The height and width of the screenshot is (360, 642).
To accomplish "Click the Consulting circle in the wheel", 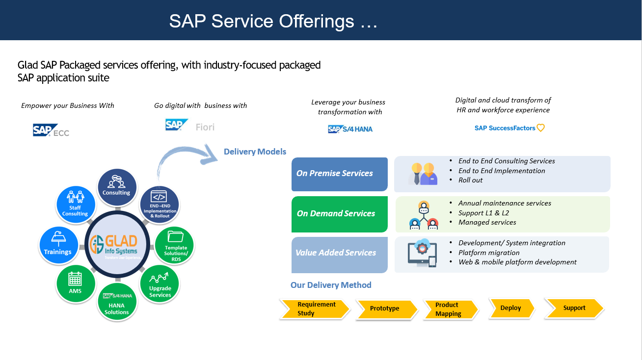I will click(116, 185).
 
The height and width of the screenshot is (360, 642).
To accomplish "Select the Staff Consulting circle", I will click(75, 203).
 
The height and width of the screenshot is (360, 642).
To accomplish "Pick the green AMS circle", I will click(75, 284).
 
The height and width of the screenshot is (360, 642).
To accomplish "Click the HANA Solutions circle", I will click(117, 302).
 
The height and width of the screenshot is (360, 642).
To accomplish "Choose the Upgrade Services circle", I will click(160, 285).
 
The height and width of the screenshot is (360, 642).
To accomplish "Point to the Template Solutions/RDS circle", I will click(175, 245).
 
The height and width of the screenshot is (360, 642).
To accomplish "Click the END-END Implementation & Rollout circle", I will click(160, 204).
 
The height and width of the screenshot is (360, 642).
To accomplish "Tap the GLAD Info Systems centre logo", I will click(117, 244).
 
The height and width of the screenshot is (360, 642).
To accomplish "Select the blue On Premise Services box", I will click(340, 174).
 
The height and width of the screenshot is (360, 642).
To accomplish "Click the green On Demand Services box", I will click(340, 214).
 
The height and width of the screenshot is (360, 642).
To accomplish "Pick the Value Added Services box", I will click(340, 254).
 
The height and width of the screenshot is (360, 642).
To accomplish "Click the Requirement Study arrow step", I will click(315, 309).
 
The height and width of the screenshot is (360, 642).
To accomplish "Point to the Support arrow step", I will click(574, 308).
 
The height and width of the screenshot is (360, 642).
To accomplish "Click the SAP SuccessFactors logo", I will click(509, 128).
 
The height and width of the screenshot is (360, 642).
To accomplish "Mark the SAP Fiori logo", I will click(190, 126).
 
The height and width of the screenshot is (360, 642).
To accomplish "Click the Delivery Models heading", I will click(255, 152).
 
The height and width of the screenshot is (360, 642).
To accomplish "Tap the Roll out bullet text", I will click(470, 180).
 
